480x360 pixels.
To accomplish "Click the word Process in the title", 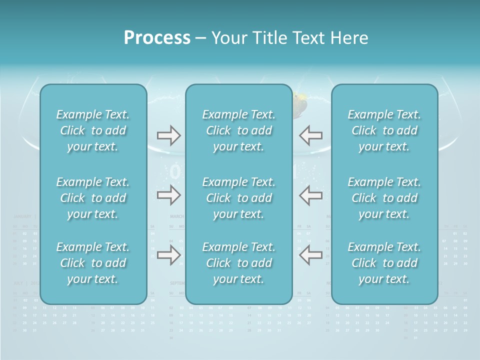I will (157, 38).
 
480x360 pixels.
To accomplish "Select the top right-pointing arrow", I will (168, 135).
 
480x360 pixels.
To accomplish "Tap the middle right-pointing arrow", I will (168, 195).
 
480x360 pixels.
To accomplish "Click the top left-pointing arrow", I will (310, 135).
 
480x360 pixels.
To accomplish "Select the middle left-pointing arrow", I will (310, 195).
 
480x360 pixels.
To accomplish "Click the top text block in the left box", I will (93, 130).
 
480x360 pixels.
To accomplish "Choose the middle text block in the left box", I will (93, 198).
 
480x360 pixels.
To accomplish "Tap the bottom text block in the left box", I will (93, 263).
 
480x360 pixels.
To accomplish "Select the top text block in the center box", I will (238, 130).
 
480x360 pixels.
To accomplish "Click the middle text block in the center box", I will (238, 198).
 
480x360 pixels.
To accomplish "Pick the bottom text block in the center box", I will (238, 263).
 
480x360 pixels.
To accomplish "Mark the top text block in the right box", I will (384, 130).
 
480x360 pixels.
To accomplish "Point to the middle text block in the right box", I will (384, 198).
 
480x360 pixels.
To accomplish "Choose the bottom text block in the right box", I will (384, 263).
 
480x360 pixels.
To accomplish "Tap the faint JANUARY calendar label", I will (22, 216).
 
